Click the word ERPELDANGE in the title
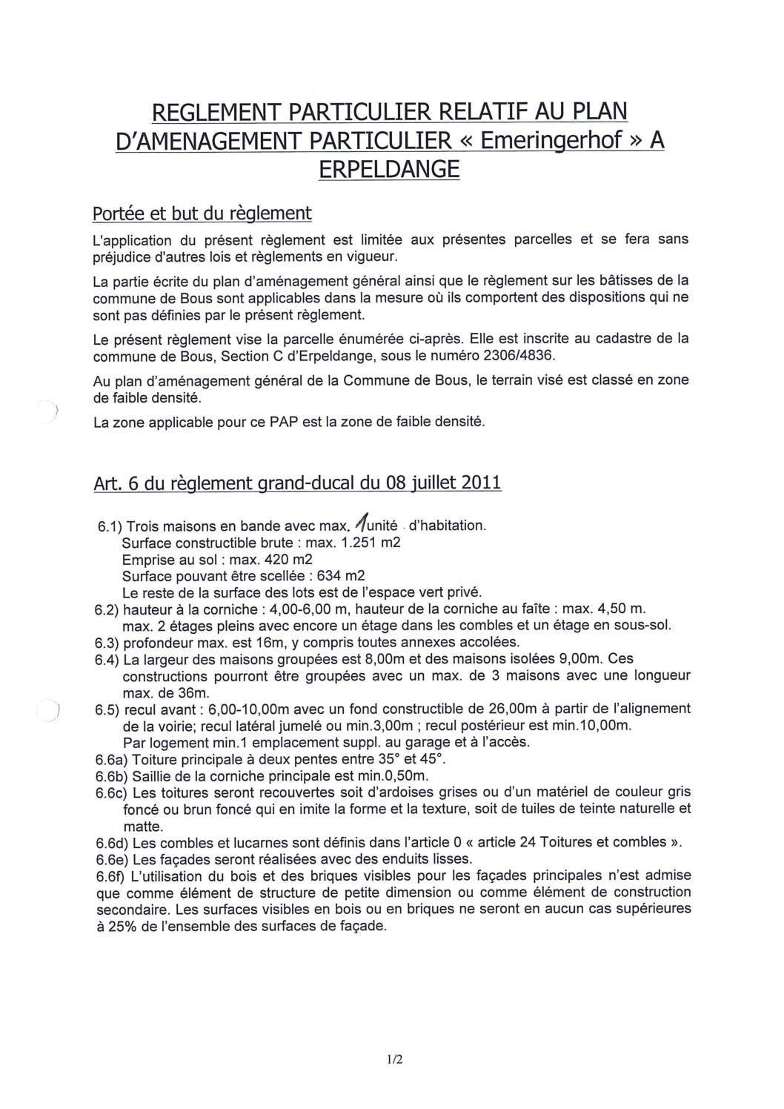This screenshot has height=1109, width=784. tap(389, 169)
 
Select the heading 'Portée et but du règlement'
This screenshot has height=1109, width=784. tap(202, 213)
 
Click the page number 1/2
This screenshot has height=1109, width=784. tap(393, 1080)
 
